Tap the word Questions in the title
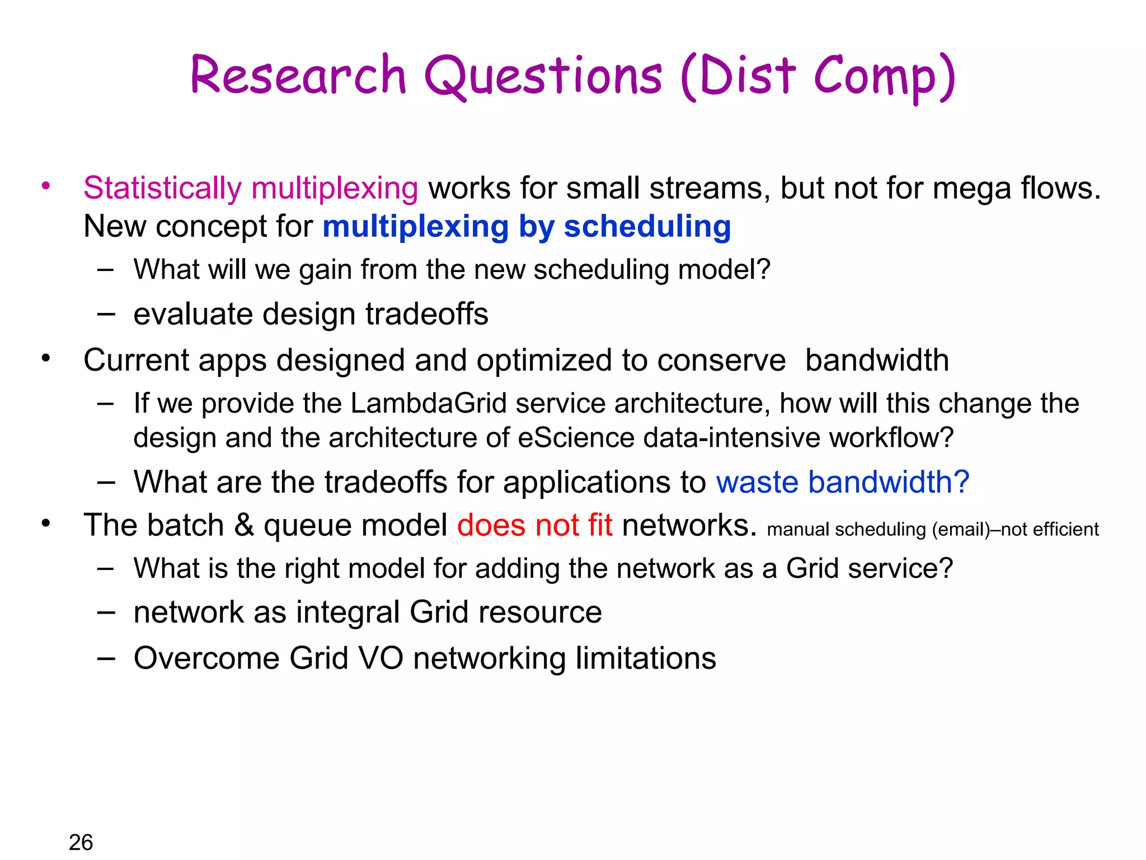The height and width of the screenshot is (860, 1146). [543, 77]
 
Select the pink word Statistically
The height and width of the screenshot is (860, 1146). [162, 188]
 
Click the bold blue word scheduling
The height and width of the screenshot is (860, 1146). [647, 227]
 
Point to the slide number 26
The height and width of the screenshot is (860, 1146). [81, 842]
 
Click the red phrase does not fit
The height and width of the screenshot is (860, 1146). [534, 526]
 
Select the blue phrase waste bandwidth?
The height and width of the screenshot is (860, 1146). [842, 482]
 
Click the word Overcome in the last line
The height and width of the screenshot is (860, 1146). [206, 658]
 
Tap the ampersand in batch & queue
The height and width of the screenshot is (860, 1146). [243, 526]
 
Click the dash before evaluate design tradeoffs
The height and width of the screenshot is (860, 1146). [106, 314]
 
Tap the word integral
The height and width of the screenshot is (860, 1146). [347, 613]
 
